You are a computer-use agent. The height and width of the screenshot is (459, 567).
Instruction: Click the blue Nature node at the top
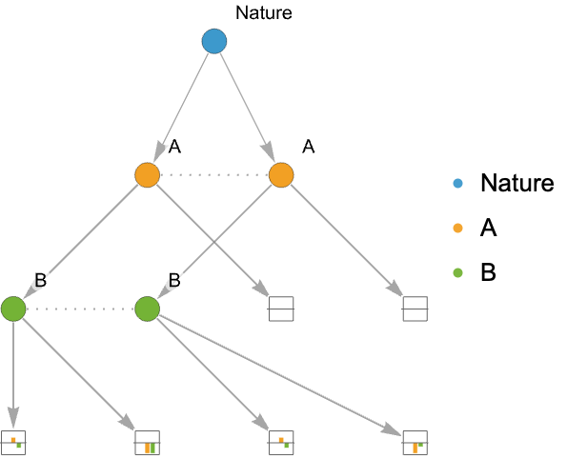214,41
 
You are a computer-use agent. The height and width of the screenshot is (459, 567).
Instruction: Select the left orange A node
147,175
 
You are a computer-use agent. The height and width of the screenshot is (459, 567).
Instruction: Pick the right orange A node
281,175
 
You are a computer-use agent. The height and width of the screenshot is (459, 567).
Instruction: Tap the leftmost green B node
13,309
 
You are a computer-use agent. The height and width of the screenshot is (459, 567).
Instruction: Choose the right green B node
147,309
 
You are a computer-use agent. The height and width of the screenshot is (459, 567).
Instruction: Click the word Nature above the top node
264,13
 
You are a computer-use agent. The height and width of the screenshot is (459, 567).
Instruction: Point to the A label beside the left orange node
174,147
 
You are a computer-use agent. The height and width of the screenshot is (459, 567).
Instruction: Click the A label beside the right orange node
309,147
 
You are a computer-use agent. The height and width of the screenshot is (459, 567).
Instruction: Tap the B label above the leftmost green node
40,280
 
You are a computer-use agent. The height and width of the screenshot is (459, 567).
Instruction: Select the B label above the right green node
174,280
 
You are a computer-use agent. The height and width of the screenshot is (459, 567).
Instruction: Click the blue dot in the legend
457,183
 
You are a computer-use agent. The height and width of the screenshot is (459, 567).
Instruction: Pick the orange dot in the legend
457,228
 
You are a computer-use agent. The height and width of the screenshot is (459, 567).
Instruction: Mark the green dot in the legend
457,272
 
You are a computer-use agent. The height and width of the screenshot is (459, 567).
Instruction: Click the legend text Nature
517,183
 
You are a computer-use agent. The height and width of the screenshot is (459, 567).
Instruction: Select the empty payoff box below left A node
281,309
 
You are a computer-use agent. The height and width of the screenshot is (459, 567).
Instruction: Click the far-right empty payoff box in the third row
415,309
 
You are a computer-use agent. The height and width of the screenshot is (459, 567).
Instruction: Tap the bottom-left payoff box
13,443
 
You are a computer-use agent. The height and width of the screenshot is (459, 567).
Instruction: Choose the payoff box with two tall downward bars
147,443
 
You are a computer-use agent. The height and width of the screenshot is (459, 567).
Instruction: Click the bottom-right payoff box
415,443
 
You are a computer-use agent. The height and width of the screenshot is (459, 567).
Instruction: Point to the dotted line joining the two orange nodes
214,175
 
